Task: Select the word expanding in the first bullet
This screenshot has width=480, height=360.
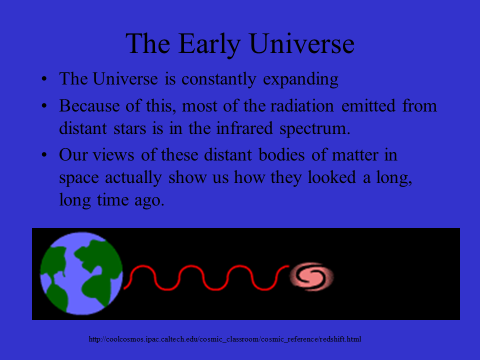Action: tap(300, 80)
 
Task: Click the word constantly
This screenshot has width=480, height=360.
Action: tap(218, 79)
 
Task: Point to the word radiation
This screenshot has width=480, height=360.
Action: tap(302, 106)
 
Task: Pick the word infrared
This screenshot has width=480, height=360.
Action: tap(244, 128)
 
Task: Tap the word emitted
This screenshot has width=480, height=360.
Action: tap(368, 106)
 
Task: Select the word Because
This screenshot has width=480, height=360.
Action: tap(89, 106)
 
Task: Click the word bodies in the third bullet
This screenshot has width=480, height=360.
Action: tap(281, 154)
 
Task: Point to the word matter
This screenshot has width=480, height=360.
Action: tap(355, 155)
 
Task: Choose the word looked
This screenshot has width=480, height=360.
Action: tap(332, 177)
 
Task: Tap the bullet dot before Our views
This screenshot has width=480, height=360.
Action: tap(44, 155)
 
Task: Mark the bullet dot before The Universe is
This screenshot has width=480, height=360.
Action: tap(44, 79)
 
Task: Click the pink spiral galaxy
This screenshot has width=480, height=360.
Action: tap(311, 276)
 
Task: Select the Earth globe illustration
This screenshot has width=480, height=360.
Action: tap(81, 273)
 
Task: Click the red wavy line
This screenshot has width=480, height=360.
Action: tap(206, 277)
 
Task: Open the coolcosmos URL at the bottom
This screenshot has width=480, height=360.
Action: tap(225, 339)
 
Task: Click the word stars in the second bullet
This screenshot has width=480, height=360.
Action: tap(130, 128)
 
